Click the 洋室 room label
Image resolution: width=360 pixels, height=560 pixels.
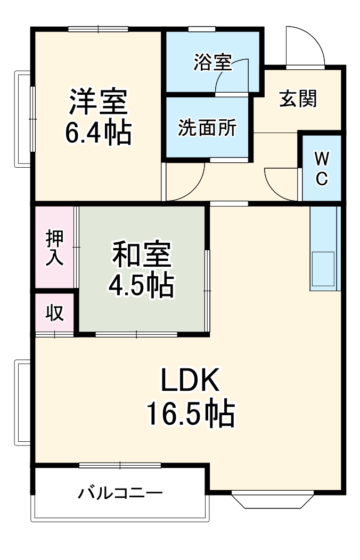pyautogui.click(x=98, y=102)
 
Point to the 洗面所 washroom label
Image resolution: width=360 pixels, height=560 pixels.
pyautogui.click(x=207, y=128)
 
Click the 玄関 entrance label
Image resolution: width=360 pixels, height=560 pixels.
pyautogui.click(x=298, y=98)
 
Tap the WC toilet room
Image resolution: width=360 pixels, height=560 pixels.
pyautogui.click(x=322, y=168)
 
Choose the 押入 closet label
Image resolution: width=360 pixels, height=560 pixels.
pyautogui.click(x=54, y=248)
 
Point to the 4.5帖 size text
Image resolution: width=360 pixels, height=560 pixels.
pyautogui.click(x=141, y=286)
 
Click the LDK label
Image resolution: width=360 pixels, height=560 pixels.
pyautogui.click(x=190, y=382)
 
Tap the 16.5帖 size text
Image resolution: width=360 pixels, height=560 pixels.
pyautogui.click(x=190, y=413)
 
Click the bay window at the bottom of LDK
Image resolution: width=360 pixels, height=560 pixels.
pyautogui.click(x=272, y=499)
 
